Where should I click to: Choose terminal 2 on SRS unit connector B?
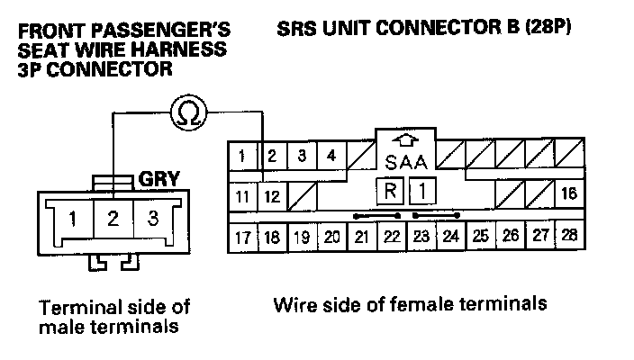click(272, 156)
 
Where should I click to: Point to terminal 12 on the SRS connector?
click(273, 195)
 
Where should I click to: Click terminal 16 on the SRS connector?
click(568, 194)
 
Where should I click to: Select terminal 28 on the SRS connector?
click(568, 237)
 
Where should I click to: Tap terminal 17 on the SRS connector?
click(241, 238)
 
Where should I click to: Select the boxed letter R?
click(390, 192)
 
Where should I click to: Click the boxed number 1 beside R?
click(421, 192)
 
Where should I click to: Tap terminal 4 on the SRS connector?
click(332, 156)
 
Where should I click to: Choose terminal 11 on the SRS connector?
click(241, 195)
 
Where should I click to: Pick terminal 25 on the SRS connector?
click(481, 237)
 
